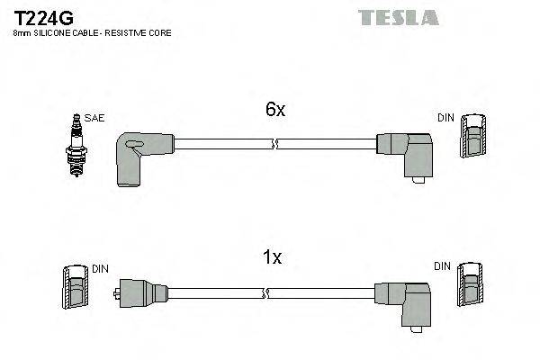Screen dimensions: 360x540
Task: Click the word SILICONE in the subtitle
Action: [x=55, y=33]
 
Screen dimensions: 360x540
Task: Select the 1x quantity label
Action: [x=271, y=257]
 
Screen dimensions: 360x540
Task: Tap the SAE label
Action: [x=94, y=118]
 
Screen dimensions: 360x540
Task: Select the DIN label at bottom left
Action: [x=100, y=268]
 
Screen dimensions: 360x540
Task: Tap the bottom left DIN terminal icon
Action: [x=76, y=290]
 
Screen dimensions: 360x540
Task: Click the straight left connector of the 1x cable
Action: [x=142, y=292]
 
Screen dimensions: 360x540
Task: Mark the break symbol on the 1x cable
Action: [x=265, y=292]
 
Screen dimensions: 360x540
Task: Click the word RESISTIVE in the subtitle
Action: [x=131, y=33]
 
